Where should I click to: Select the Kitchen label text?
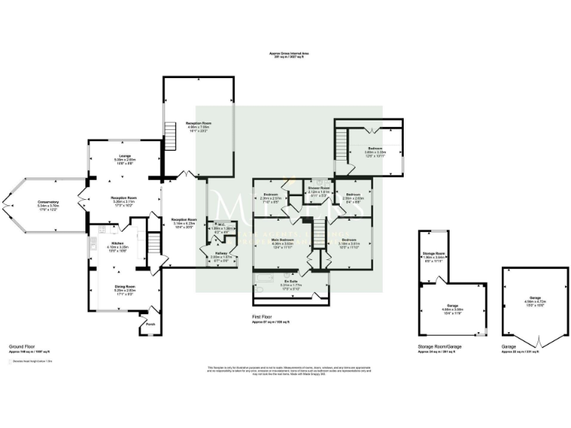[x=117, y=242]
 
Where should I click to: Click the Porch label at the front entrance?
[x=149, y=325]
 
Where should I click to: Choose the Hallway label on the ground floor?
[x=220, y=253]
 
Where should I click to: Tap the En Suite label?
[x=290, y=281]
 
